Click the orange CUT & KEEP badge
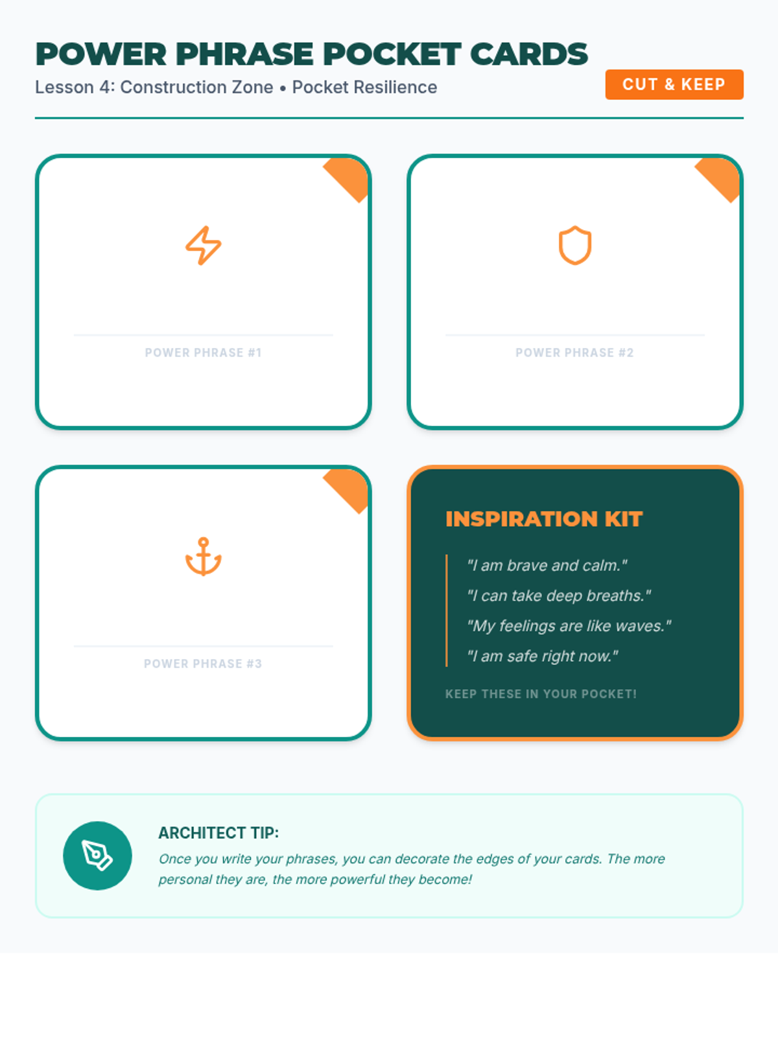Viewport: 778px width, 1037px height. (674, 84)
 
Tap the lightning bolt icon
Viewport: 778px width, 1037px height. (203, 246)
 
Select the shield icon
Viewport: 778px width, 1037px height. (575, 245)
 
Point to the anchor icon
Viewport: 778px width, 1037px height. (203, 557)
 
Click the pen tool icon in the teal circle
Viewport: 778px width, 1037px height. (97, 855)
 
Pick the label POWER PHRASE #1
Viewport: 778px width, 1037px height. (203, 353)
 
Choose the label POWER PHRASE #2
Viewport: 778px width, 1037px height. (574, 353)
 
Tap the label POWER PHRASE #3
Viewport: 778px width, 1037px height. (203, 664)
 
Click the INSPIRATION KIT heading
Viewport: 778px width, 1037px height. (544, 518)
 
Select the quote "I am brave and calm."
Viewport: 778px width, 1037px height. (547, 566)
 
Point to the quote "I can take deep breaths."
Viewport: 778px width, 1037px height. (559, 596)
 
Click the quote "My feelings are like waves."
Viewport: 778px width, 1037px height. (569, 626)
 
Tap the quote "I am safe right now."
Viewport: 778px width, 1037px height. (542, 656)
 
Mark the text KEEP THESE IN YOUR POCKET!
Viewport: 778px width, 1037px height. (541, 694)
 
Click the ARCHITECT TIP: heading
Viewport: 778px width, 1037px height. (218, 833)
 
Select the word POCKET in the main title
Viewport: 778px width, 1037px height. (392, 54)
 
